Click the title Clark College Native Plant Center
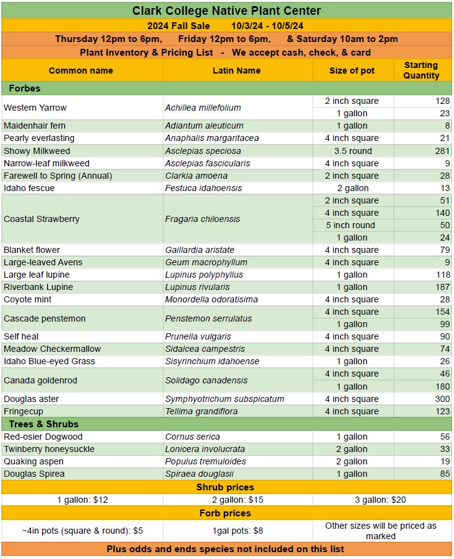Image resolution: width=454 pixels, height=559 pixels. coord(226,11)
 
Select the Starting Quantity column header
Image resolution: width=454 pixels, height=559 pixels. coord(421,70)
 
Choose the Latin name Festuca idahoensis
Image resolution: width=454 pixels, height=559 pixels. coord(203,188)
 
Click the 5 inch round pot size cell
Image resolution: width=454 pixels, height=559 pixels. coord(351,225)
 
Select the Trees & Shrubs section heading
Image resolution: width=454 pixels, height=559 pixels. coord(43,424)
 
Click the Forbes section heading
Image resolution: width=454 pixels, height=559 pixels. coord(25,88)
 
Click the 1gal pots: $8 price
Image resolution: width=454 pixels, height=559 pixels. coord(237,531)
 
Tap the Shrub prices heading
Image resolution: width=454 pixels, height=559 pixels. coord(226,487)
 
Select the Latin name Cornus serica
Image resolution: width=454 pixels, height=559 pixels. coord(192,437)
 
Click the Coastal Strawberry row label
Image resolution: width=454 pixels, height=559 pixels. coord(41,219)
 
